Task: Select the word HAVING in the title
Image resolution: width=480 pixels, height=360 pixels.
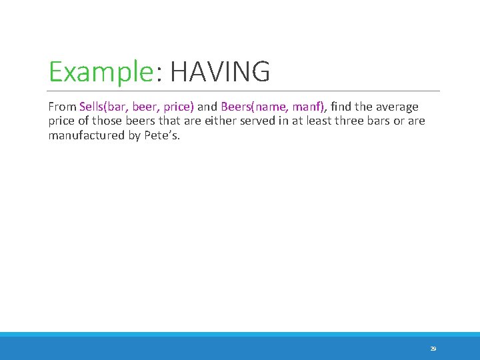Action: [220, 72]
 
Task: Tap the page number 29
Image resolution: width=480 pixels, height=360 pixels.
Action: [433, 349]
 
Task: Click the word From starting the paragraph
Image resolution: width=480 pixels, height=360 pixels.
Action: [62, 107]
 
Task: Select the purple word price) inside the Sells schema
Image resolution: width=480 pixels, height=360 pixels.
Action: [178, 107]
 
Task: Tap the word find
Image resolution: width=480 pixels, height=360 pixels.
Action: [342, 107]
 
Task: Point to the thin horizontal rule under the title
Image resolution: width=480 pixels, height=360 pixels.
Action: [244, 91]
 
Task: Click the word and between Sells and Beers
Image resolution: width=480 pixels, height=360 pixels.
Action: [207, 107]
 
